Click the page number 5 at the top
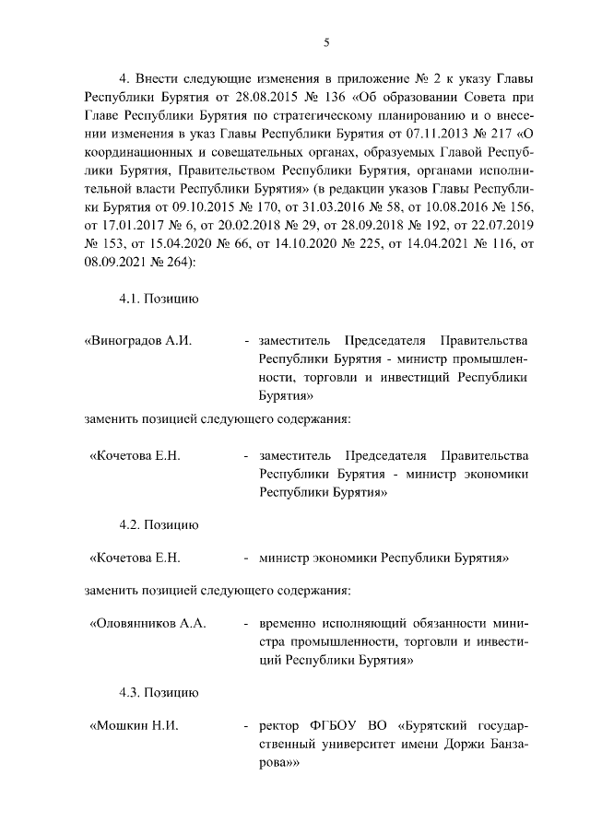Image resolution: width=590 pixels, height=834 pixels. pyautogui.click(x=326, y=41)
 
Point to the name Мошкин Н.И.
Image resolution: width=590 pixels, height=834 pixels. pyautogui.click(x=133, y=726)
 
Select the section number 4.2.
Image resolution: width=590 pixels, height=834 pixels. pyautogui.click(x=129, y=524)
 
